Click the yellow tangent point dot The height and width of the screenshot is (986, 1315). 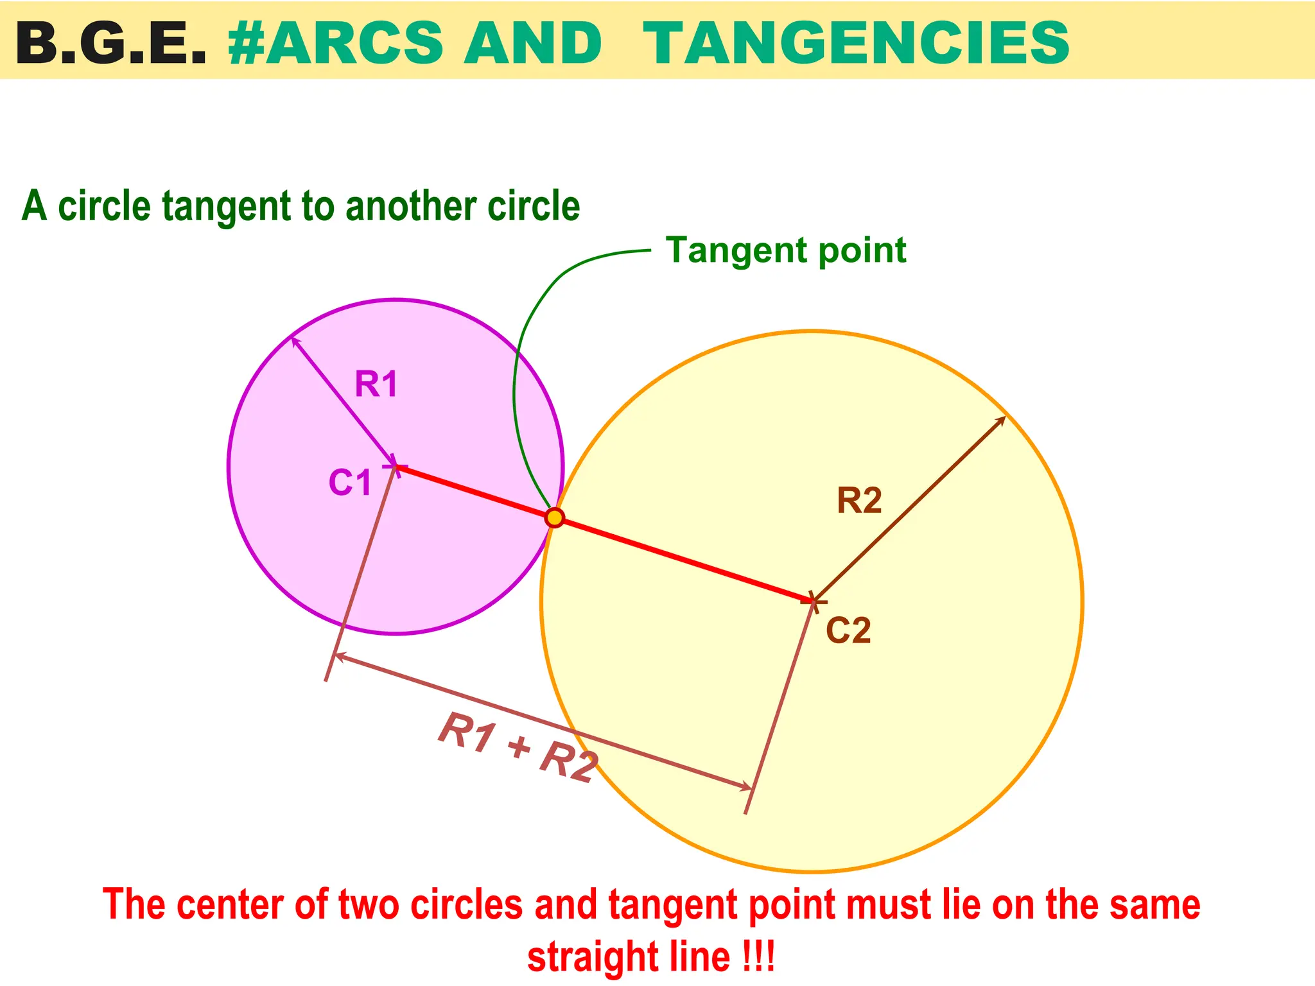pos(554,517)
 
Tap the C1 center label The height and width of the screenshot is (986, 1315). pos(350,483)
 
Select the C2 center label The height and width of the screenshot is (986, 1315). pos(848,630)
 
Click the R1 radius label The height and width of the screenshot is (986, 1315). pos(376,385)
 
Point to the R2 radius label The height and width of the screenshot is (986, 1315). pos(859,501)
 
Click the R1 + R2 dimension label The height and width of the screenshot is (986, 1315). pos(518,748)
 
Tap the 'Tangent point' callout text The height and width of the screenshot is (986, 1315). pos(786,250)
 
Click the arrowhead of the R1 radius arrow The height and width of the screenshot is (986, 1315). pos(295,341)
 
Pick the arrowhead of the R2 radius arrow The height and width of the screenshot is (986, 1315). pos(1002,419)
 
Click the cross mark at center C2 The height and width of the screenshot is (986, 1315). pos(813,601)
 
